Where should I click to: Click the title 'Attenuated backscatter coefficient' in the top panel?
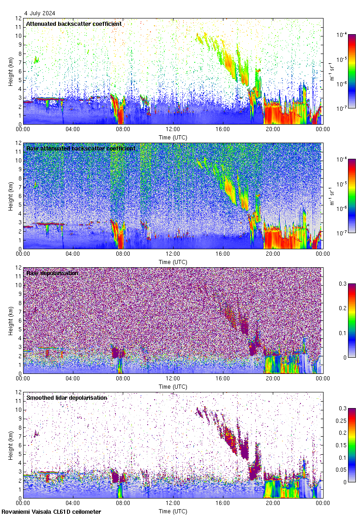coord(74,24)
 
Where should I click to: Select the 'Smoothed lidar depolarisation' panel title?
coord(66,397)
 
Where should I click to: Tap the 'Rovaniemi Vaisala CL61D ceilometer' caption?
coord(51,511)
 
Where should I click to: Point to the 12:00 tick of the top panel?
coord(173,130)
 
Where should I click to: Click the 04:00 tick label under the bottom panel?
coord(73,504)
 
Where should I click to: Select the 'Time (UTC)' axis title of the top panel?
coord(173,137)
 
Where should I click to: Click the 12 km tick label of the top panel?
coord(18,18)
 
